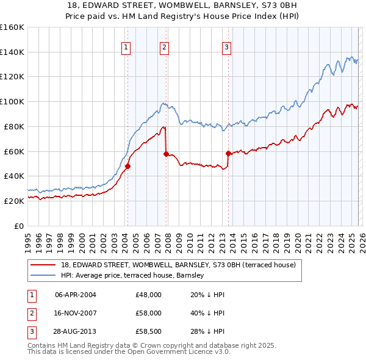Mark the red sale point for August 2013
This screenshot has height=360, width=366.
(x=228, y=153)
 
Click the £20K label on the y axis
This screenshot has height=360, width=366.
(x=13, y=201)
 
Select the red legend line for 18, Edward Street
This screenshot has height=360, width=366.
(x=44, y=265)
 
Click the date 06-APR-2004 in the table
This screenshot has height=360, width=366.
(x=75, y=295)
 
